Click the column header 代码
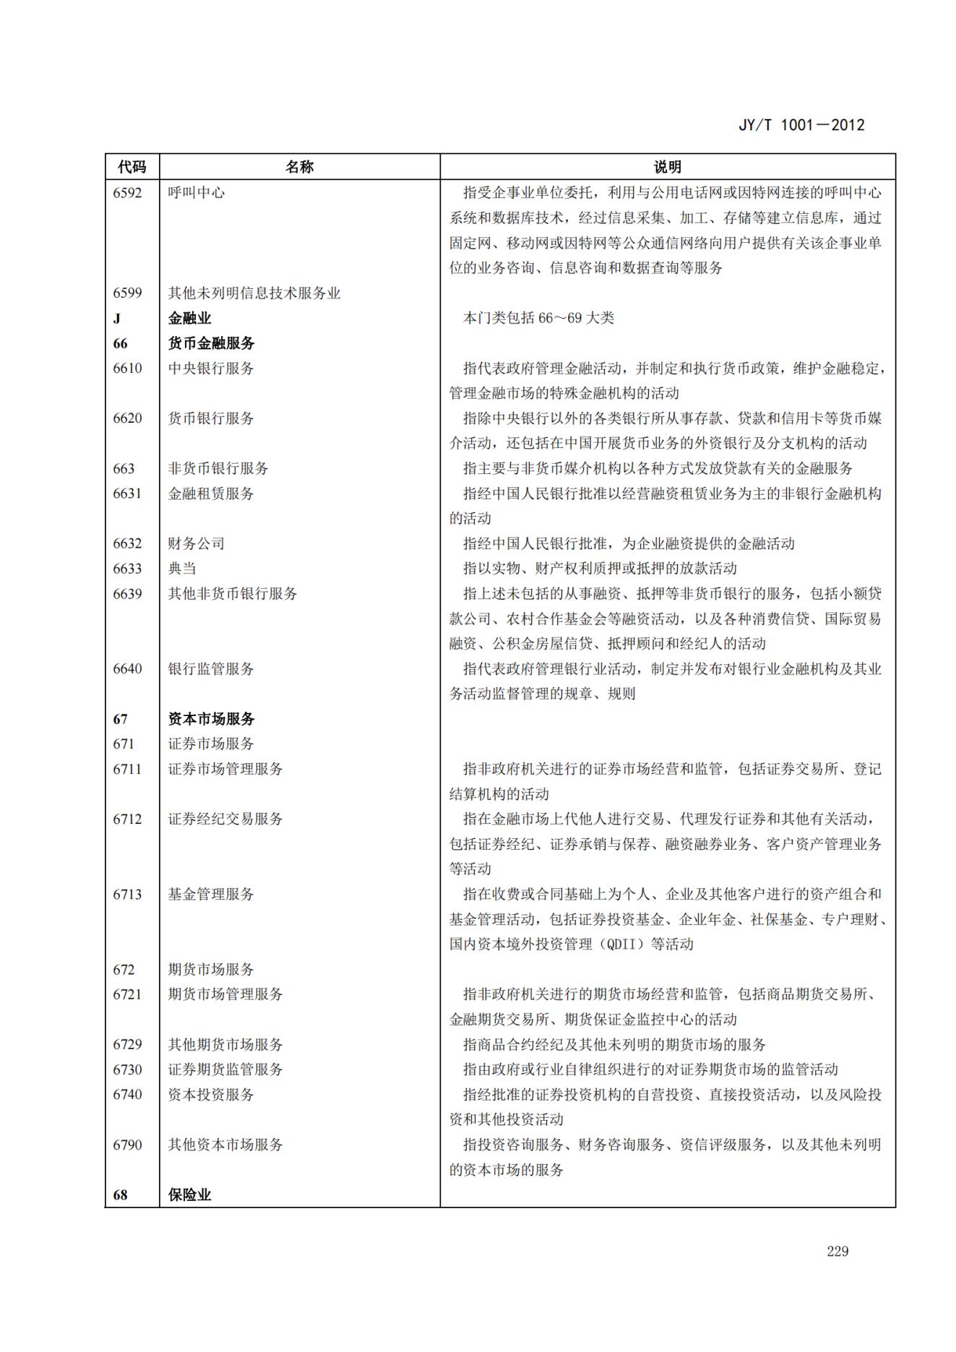(132, 167)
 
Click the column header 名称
(299, 167)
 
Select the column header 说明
(667, 167)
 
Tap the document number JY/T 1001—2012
(801, 125)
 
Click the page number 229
(837, 1252)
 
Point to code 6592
(127, 193)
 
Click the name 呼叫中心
(196, 193)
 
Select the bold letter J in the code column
(117, 319)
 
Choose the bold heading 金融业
(189, 319)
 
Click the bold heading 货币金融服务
(211, 343)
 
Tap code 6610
(127, 369)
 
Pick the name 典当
(182, 569)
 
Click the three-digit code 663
(124, 469)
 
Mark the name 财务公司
(196, 543)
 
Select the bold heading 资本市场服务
(211, 719)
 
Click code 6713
(127, 895)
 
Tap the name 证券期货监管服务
(225, 1069)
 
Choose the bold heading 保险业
(189, 1195)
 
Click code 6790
(127, 1145)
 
